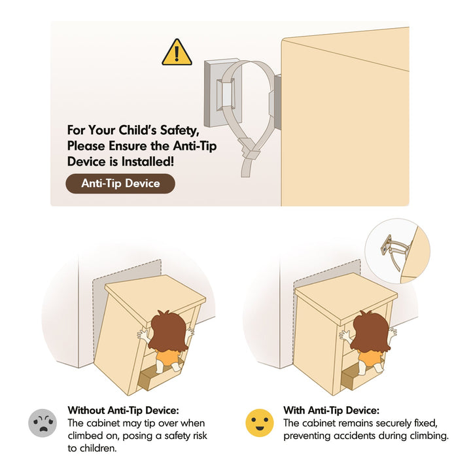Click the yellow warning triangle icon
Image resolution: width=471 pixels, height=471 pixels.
click(x=177, y=53)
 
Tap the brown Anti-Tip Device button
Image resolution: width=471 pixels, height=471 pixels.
click(x=120, y=184)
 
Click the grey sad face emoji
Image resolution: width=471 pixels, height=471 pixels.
click(x=43, y=423)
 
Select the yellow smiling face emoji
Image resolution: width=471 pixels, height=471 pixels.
click(x=260, y=423)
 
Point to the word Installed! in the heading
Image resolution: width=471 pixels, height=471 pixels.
click(x=147, y=162)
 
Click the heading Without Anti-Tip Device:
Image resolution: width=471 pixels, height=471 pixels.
click(x=123, y=410)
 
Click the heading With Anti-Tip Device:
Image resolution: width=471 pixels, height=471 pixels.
click(x=331, y=410)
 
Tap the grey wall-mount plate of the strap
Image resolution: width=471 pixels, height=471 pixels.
click(x=222, y=92)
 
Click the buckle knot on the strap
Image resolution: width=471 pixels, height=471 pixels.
click(x=249, y=148)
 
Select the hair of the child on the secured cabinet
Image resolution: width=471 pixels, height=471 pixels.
click(x=371, y=331)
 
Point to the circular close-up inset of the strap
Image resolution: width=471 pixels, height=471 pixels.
click(x=397, y=251)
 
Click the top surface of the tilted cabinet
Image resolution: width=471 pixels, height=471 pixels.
click(x=155, y=297)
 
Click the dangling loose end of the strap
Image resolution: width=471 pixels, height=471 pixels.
click(x=246, y=167)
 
